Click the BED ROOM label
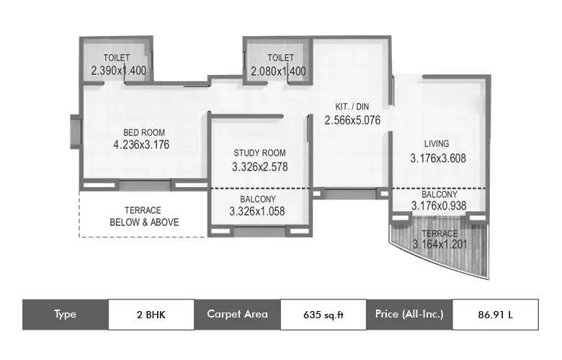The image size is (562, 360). (144, 132)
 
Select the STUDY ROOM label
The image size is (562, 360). (259, 153)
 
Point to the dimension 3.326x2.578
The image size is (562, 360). (259, 166)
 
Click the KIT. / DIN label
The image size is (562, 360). (352, 107)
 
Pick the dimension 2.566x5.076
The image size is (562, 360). (352, 120)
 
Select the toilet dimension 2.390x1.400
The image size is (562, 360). (119, 71)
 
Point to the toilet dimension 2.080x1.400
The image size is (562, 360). (278, 71)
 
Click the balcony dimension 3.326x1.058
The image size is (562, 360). (257, 212)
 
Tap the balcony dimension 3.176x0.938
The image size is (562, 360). (439, 206)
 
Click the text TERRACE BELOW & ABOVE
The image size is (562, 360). (143, 216)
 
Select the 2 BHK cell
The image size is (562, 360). (151, 314)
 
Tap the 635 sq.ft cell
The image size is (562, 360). (324, 314)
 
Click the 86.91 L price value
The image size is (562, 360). (495, 314)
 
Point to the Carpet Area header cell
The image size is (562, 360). (237, 314)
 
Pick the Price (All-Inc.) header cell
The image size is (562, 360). (409, 314)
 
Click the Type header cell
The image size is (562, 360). (65, 314)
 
